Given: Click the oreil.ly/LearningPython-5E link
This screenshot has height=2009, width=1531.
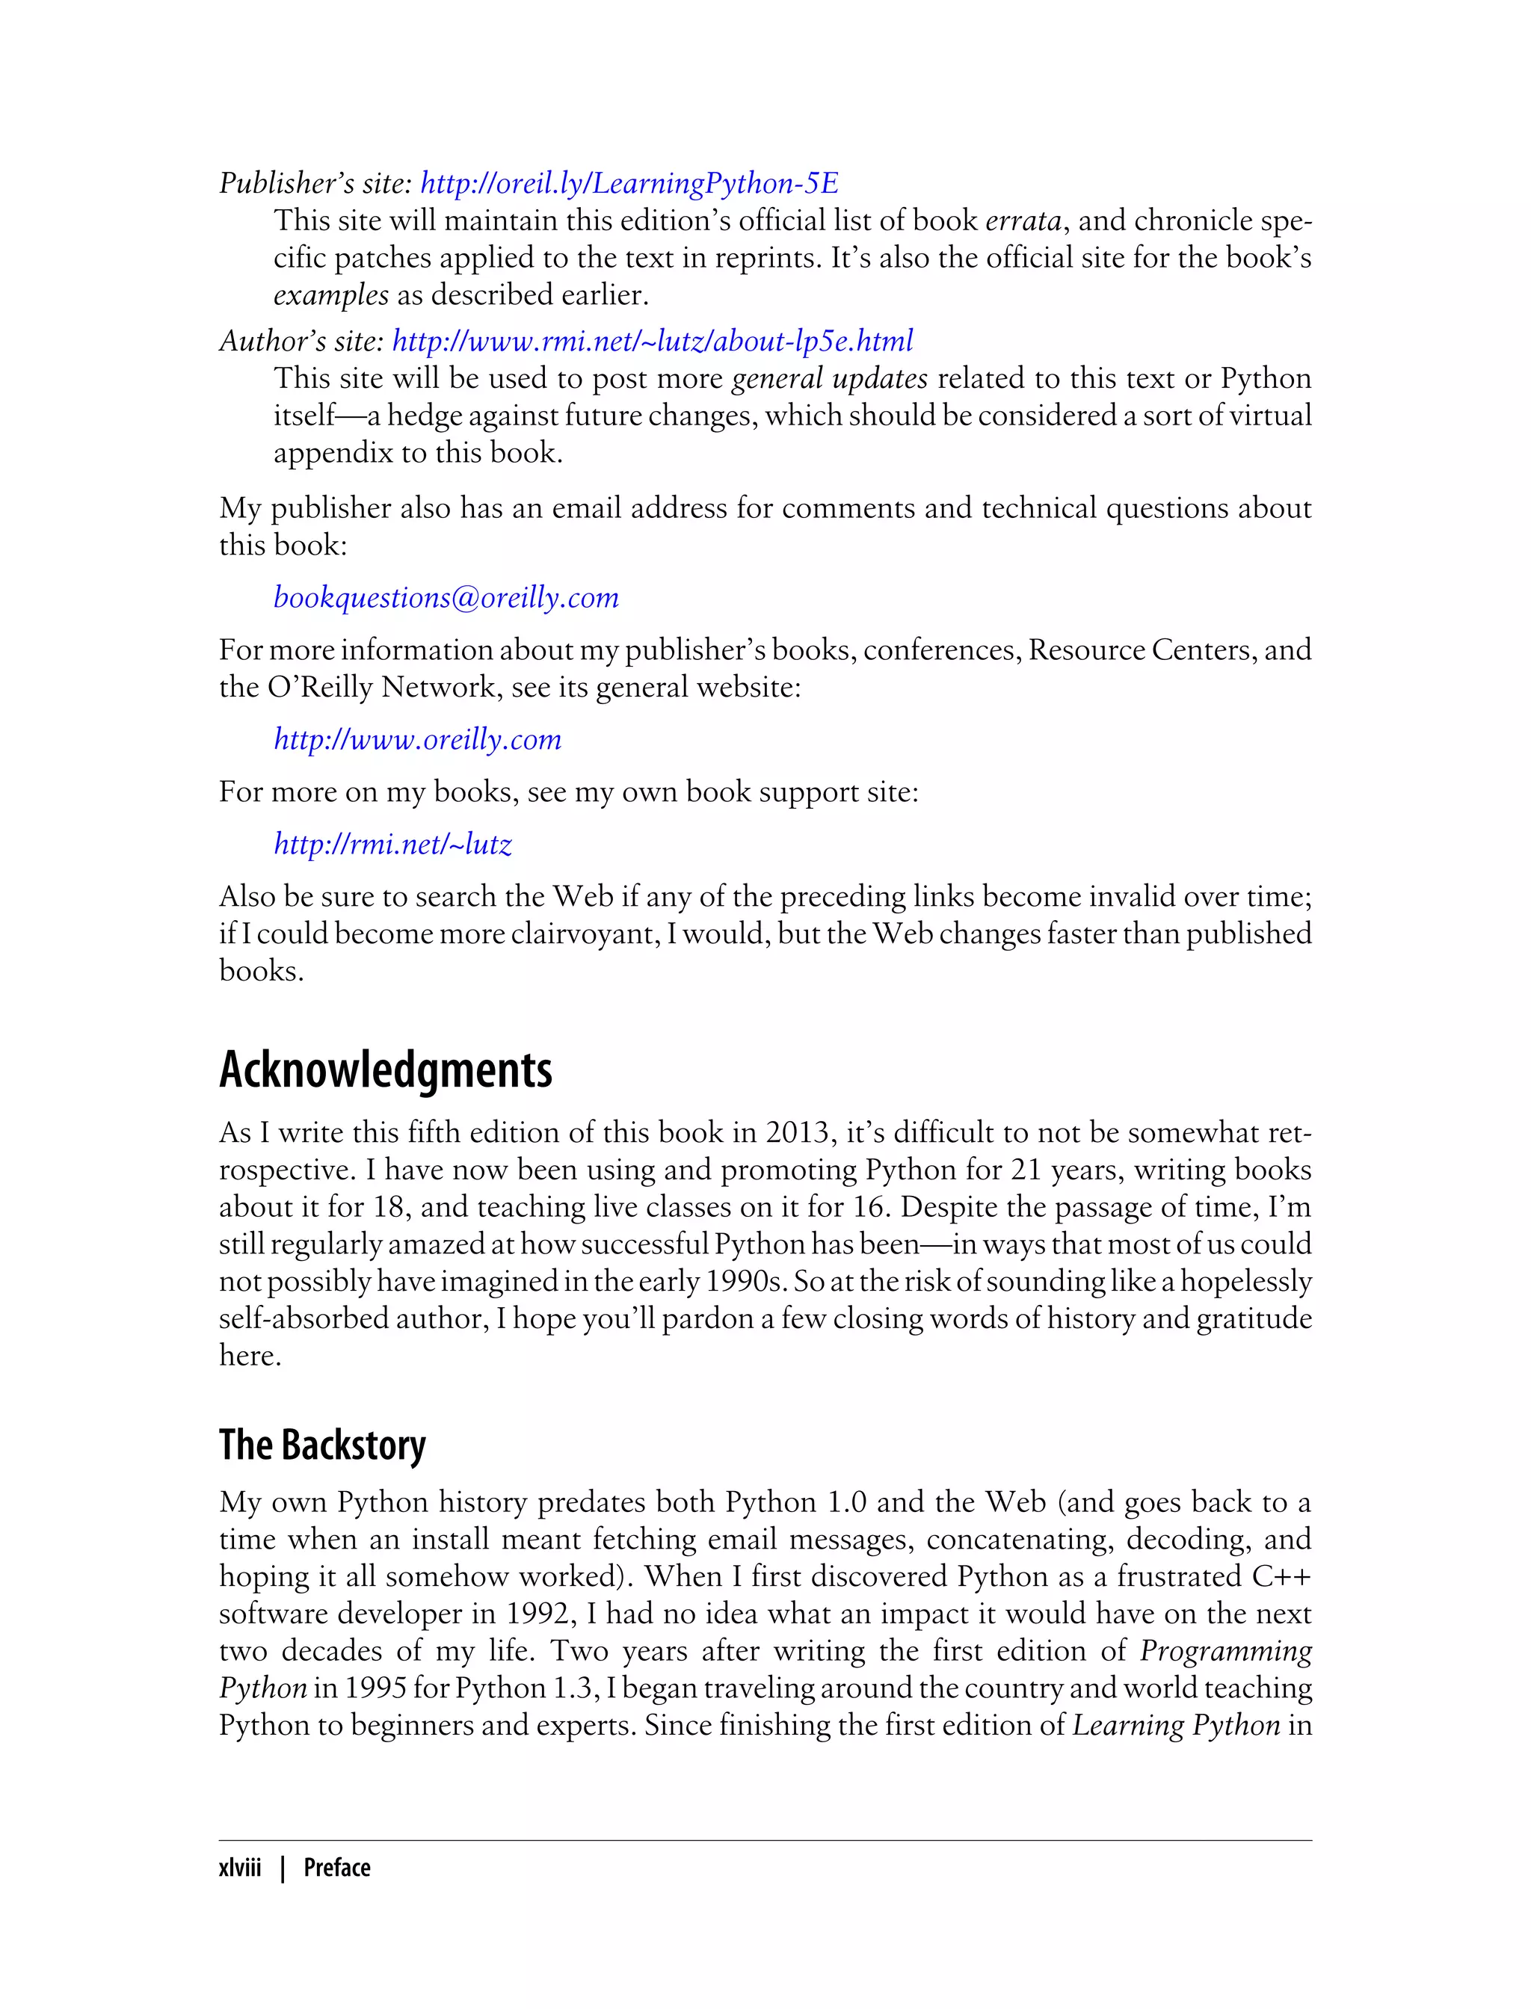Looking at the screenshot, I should pyautogui.click(x=629, y=183).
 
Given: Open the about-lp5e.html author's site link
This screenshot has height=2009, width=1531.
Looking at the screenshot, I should pyautogui.click(x=652, y=341).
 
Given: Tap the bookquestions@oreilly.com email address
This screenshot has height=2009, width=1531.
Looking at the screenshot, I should pyautogui.click(x=446, y=598).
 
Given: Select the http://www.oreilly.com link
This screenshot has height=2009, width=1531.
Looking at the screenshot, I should pyautogui.click(x=417, y=739).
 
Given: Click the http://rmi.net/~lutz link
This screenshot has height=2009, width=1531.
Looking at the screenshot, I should pyautogui.click(x=392, y=845).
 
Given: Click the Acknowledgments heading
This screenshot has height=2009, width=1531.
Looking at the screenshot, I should pyautogui.click(x=386, y=1070).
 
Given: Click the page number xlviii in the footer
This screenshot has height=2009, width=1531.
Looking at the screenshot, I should pyautogui.click(x=240, y=1868).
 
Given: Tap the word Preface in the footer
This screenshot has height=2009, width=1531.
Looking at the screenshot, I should pyautogui.click(x=337, y=1868).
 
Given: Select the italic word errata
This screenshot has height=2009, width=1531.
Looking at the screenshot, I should pyautogui.click(x=1023, y=221).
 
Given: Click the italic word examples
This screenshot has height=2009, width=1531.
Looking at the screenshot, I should pyautogui.click(x=331, y=295).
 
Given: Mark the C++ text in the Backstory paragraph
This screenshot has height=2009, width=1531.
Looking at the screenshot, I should pyautogui.click(x=1281, y=1576).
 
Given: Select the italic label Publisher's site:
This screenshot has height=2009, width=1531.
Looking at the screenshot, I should pyautogui.click(x=315, y=183).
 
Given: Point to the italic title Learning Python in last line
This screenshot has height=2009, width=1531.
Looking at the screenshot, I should pyautogui.click(x=1176, y=1725).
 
